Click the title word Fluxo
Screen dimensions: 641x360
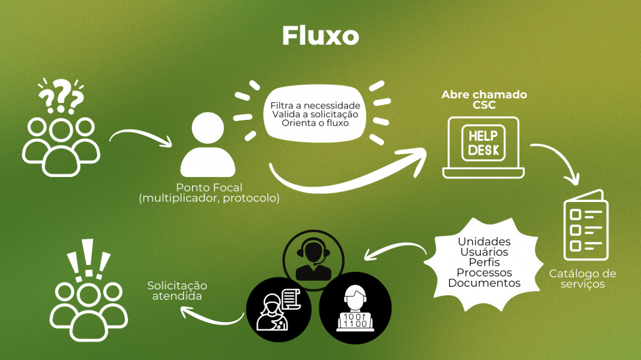320,35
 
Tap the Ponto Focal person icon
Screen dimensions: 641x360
208,144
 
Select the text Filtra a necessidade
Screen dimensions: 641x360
315,106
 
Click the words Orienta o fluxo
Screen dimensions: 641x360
315,123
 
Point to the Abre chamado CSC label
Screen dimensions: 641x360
484,100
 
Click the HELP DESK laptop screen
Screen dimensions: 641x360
483,144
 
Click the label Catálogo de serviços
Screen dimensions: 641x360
583,279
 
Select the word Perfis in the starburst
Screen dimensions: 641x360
484,262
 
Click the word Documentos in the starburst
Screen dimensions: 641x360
484,283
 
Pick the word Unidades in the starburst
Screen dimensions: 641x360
484,241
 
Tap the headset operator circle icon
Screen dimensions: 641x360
313,260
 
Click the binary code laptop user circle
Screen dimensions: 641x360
355,308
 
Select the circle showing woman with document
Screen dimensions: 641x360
278,310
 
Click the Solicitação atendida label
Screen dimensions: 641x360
177,291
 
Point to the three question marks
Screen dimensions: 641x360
61,96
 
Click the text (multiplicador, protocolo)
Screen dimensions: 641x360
210,198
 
